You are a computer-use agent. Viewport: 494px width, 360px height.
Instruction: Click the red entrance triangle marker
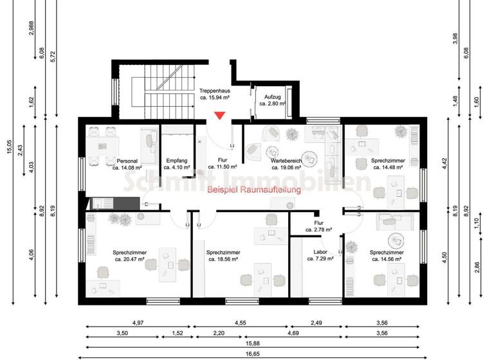point(220,116)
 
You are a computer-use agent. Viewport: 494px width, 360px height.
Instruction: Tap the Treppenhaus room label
point(215,94)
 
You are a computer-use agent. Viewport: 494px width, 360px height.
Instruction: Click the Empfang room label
point(177,164)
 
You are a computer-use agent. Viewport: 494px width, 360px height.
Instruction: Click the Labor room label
point(320,256)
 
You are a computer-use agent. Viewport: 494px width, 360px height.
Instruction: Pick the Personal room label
point(127,164)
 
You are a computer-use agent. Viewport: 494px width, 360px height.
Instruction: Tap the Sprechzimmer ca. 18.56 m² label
point(223,256)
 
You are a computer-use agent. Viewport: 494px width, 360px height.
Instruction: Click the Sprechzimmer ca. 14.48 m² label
point(389,164)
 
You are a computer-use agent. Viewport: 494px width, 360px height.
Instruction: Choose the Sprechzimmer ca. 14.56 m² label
point(387,256)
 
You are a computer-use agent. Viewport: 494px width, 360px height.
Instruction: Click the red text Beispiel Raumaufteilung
point(253,190)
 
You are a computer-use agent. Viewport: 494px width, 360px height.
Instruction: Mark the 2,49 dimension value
point(315,323)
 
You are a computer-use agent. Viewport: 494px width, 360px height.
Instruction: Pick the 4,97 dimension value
point(137,323)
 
